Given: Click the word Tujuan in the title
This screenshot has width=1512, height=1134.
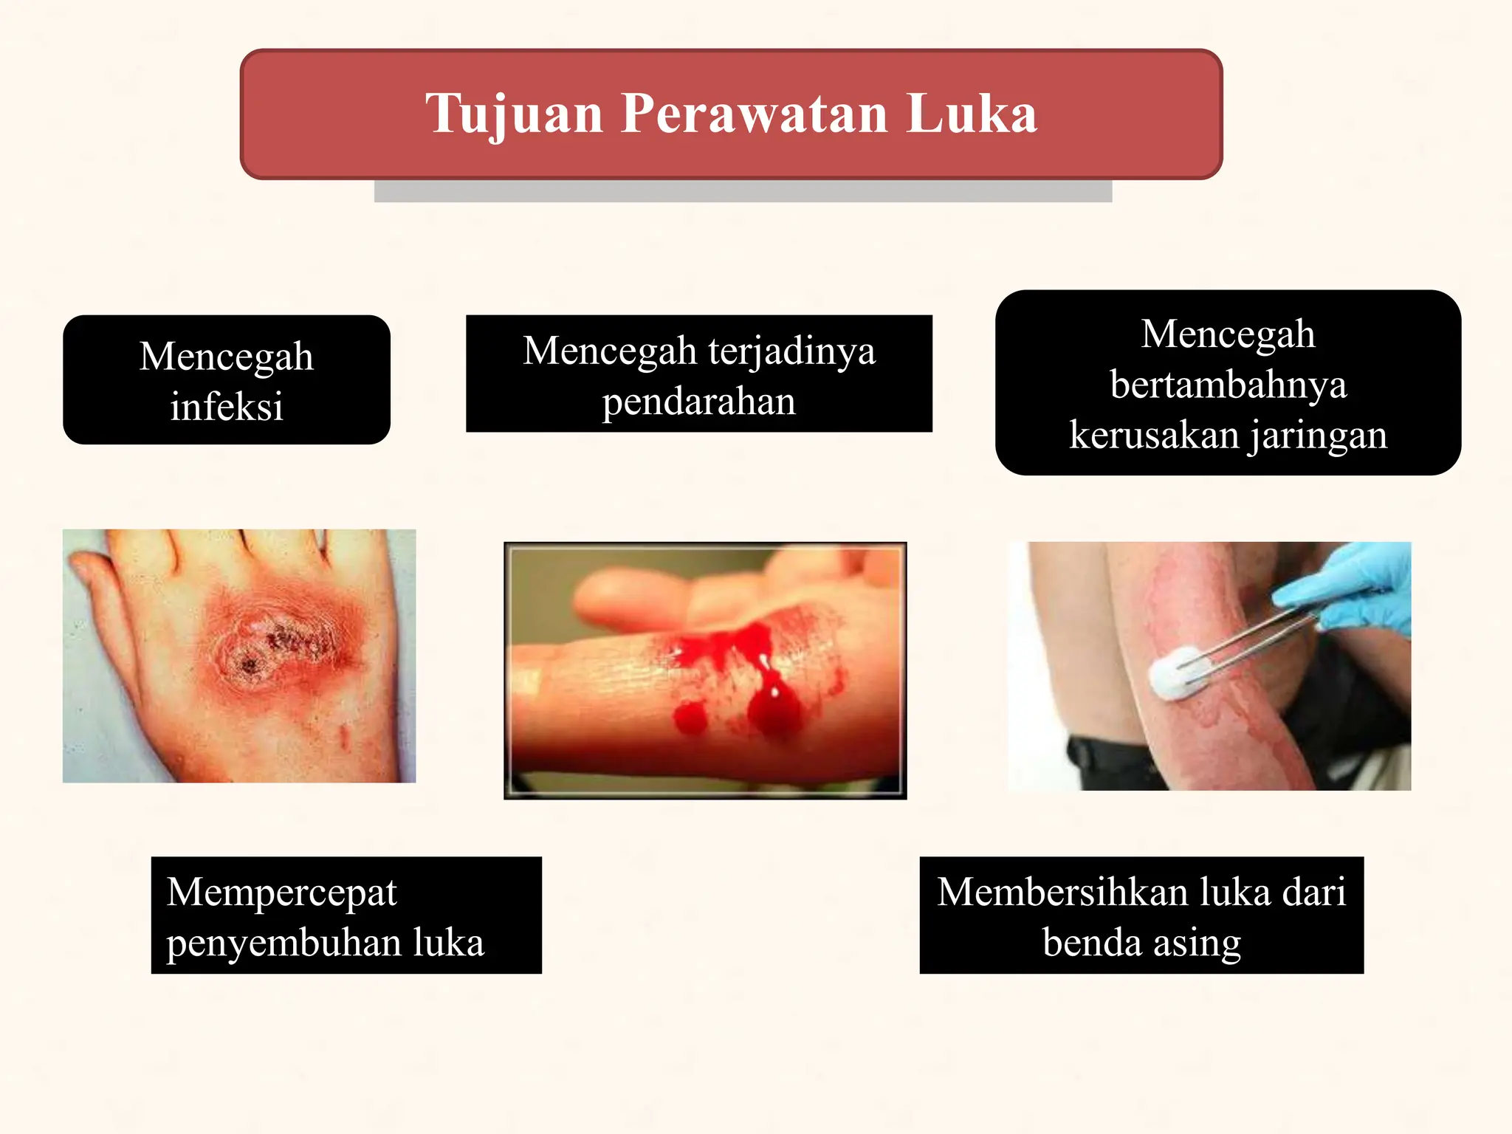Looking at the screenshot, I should coord(514,114).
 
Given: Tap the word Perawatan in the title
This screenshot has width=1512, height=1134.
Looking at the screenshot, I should coord(754,114).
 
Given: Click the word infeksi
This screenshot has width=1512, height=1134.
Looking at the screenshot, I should coord(227,407).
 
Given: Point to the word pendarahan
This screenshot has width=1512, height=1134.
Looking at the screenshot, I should coord(698,402).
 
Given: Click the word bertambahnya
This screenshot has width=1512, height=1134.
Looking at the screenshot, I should coord(1228,385).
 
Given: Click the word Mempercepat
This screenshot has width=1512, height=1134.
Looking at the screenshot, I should coord(282,893).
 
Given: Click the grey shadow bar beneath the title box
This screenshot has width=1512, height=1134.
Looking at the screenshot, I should coord(743,191).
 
